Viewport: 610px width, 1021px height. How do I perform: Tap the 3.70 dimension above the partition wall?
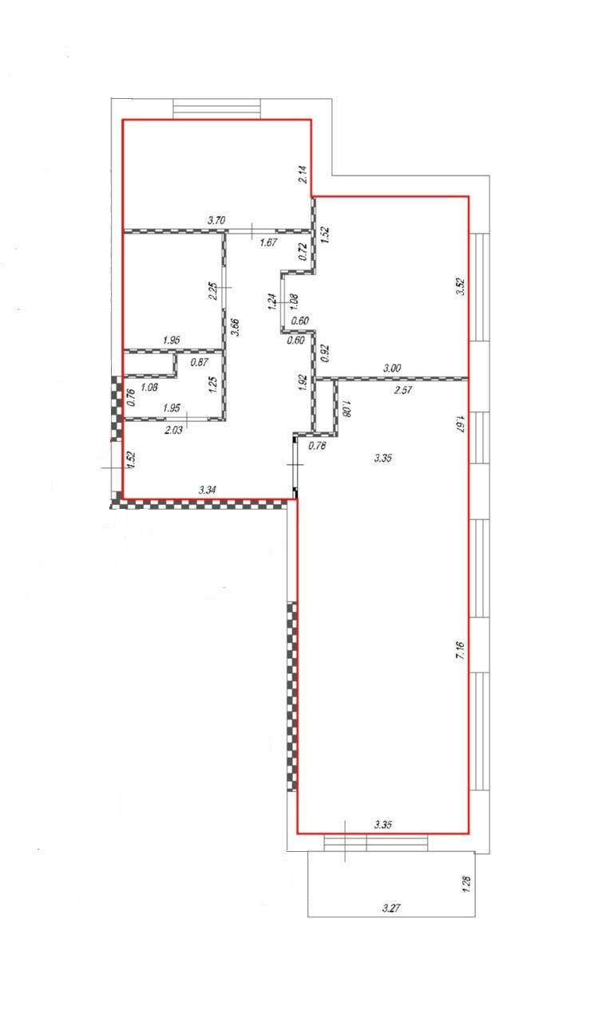tap(216, 221)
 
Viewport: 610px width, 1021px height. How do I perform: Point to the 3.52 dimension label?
tap(461, 286)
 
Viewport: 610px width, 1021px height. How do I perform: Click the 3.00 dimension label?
tap(392, 369)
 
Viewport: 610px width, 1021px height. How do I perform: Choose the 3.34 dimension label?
tap(207, 491)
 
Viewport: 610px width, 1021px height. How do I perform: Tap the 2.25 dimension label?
tap(212, 291)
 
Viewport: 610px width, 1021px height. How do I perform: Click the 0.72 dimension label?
tap(303, 252)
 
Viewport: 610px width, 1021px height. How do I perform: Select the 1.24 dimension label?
tap(272, 302)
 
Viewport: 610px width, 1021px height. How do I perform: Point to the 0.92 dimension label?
tap(325, 353)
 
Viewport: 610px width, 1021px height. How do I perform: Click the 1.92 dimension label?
tap(302, 384)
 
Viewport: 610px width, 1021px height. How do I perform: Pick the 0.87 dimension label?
tap(200, 362)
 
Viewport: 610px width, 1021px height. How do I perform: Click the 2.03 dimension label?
tap(173, 430)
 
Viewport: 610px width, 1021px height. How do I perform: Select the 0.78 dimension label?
tap(317, 446)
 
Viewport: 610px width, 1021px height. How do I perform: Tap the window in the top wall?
tap(216, 109)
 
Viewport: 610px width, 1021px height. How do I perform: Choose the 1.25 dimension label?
tap(212, 385)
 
